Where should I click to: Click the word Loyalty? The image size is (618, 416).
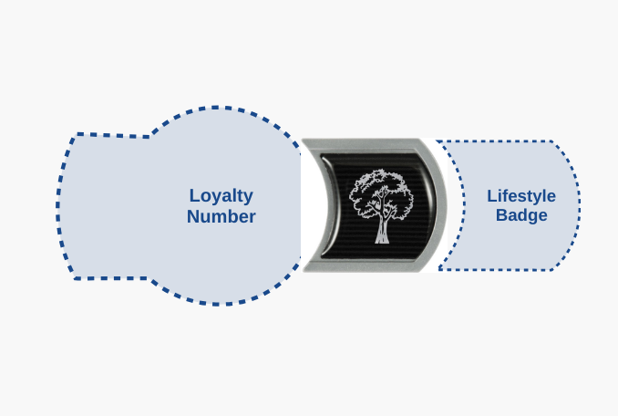(221, 196)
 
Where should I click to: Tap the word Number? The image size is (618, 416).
(221, 216)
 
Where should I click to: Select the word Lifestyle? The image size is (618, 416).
(521, 196)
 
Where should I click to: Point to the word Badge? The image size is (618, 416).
(521, 215)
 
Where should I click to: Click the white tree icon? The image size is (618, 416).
(381, 206)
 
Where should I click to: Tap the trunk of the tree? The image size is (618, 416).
(382, 231)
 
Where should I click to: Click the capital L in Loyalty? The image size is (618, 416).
(195, 195)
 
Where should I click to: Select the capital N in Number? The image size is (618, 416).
(193, 216)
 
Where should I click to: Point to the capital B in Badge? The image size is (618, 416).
(501, 215)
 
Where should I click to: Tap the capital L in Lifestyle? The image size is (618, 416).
(492, 196)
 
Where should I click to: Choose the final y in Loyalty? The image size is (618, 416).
(248, 198)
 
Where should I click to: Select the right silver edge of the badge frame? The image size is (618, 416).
(438, 205)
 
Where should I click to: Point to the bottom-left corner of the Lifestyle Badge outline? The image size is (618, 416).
(440, 270)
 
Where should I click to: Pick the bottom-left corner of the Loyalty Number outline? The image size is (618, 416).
(75, 278)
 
